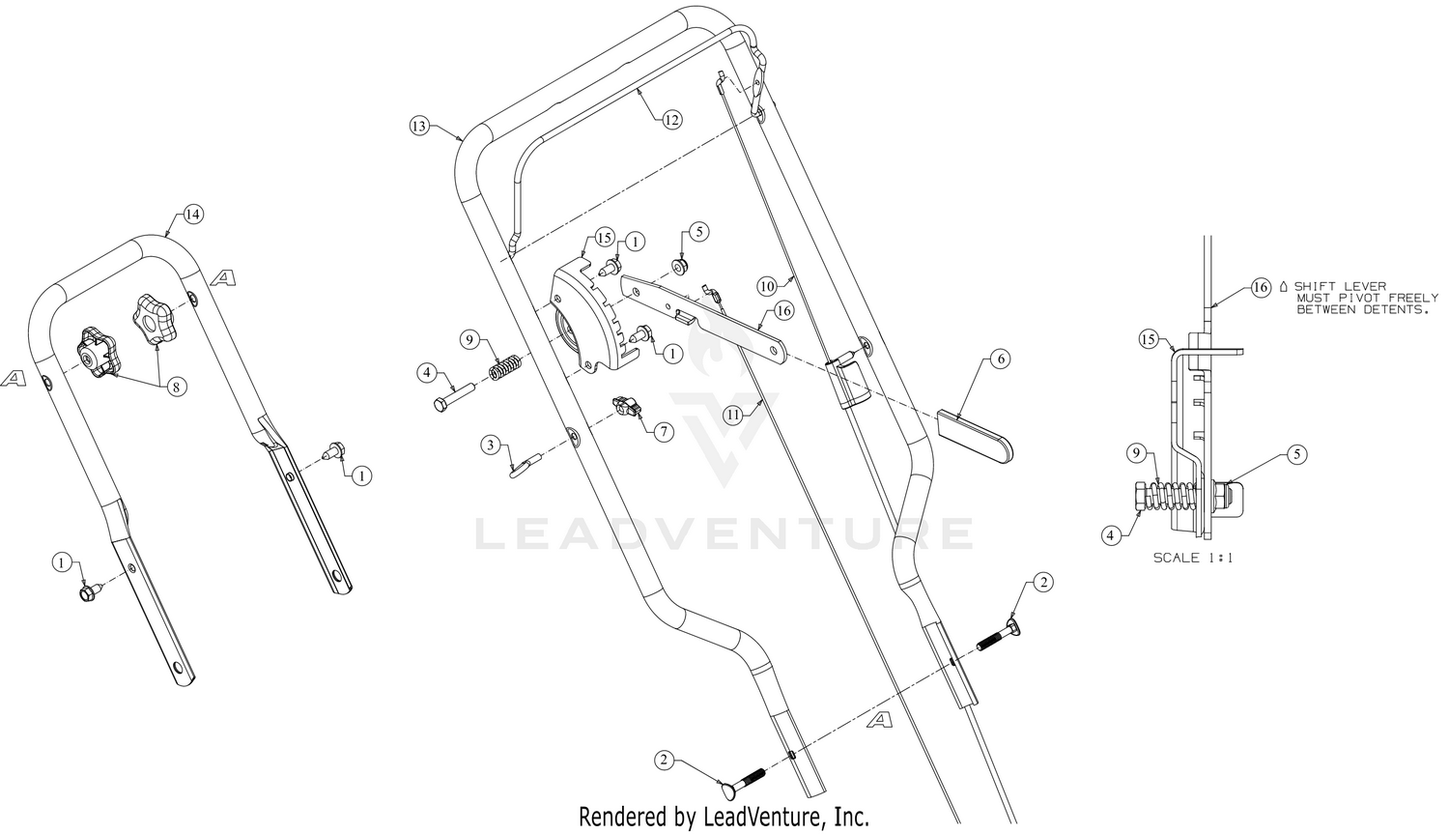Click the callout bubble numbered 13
tap(420, 126)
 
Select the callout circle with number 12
tap(672, 120)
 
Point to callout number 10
tap(767, 286)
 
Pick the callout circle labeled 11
tap(732, 415)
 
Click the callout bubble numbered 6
tap(1000, 359)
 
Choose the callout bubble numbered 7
tap(664, 432)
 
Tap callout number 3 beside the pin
tap(491, 446)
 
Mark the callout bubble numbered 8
tap(176, 387)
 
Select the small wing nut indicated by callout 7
tap(626, 407)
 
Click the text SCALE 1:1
tap(1193, 558)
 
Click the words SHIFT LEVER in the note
tap(1341, 286)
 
